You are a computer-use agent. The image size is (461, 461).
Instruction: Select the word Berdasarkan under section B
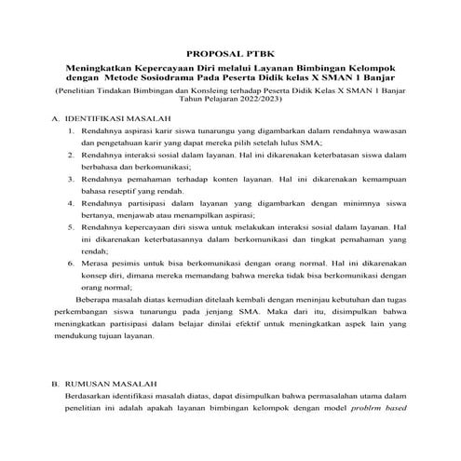click(78, 396)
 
